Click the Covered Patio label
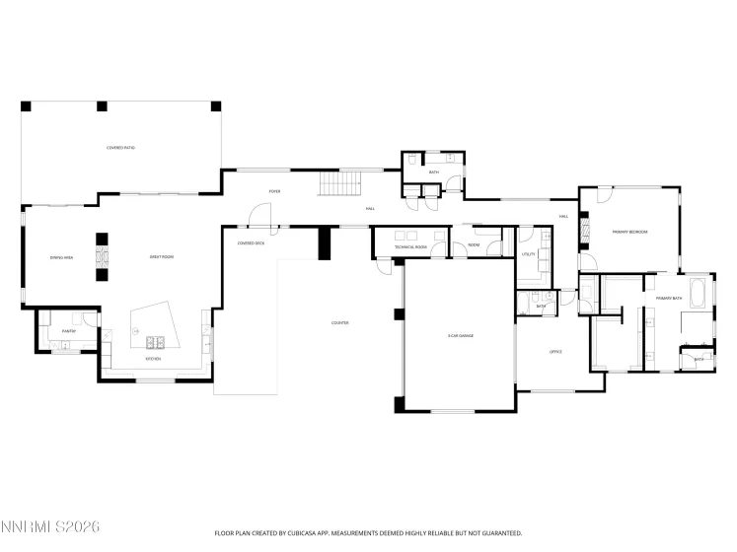[x=121, y=148]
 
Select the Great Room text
[x=162, y=257]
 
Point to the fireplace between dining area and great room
[x=101, y=258]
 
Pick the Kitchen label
[x=153, y=359]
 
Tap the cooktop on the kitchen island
[x=155, y=342]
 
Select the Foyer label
[x=275, y=191]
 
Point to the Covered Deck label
[x=251, y=242]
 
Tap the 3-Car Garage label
[x=460, y=336]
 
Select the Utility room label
[x=528, y=254]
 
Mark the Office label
[x=554, y=352]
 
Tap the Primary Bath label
[x=670, y=297]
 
